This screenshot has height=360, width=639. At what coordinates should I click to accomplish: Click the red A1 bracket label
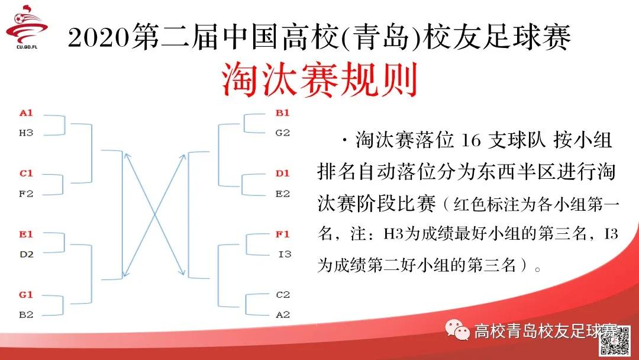26,112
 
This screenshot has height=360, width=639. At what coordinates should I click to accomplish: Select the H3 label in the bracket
26,133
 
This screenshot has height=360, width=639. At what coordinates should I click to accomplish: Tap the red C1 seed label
26,173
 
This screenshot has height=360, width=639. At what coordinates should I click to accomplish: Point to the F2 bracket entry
26,194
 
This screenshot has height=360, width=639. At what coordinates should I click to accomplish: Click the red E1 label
26,234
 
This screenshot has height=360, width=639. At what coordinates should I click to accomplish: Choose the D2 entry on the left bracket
26,255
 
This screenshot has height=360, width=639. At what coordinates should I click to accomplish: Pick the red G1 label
26,294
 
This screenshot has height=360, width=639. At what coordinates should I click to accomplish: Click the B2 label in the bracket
26,314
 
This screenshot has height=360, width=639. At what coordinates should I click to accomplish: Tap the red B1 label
283,113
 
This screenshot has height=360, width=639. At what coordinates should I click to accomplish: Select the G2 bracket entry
283,133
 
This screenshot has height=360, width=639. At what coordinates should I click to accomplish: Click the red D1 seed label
283,173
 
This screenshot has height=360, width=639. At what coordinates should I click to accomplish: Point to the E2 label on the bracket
283,194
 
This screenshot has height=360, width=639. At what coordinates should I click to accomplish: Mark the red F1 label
283,234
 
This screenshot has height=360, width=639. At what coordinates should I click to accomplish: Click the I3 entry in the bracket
285,255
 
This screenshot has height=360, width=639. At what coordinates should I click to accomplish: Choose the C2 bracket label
283,294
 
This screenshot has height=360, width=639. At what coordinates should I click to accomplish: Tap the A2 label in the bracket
283,314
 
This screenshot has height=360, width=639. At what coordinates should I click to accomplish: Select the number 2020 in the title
98,39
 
